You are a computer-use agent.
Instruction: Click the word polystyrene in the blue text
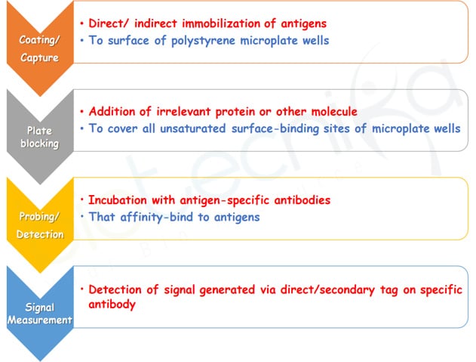pyautogui.click(x=203, y=41)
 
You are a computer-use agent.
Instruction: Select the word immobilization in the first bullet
pyautogui.click(x=220, y=23)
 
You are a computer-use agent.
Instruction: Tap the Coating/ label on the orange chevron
pyautogui.click(x=39, y=40)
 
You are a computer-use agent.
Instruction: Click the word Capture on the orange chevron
pyautogui.click(x=39, y=57)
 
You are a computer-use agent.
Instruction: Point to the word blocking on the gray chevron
pyautogui.click(x=39, y=144)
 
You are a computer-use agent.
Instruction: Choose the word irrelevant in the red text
pyautogui.click(x=183, y=111)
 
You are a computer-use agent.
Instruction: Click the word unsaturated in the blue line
pyautogui.click(x=193, y=128)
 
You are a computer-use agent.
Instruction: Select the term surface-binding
pyautogui.click(x=275, y=128)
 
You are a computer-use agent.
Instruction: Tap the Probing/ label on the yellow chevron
pyautogui.click(x=39, y=217)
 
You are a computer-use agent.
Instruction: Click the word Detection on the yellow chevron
pyautogui.click(x=40, y=234)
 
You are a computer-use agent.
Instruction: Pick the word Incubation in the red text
pyautogui.click(x=118, y=200)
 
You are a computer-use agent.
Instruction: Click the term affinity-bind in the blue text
pyautogui.click(x=157, y=217)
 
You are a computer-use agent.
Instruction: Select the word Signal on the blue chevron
pyautogui.click(x=39, y=308)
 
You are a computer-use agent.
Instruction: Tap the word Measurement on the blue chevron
pyautogui.click(x=40, y=320)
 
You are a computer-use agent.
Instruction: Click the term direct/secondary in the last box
pyautogui.click(x=328, y=290)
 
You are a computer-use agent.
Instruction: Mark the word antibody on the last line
pyautogui.click(x=112, y=305)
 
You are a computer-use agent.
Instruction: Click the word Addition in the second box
pyautogui.click(x=112, y=111)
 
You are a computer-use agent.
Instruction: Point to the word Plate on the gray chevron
pyautogui.click(x=39, y=131)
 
